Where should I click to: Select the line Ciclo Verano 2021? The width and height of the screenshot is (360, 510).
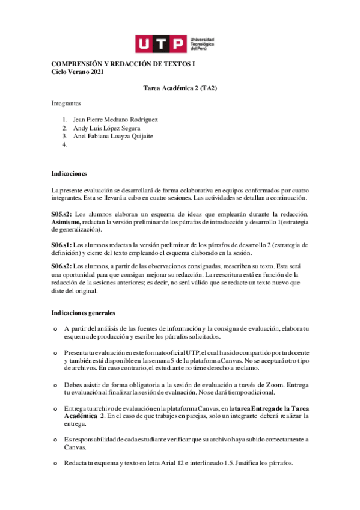(77, 72)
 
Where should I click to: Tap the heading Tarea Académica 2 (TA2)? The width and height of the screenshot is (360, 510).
(180, 88)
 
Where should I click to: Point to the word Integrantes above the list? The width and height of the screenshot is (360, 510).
(66, 103)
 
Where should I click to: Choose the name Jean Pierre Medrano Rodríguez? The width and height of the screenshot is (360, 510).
(115, 119)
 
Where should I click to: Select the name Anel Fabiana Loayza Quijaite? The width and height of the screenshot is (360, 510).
(113, 136)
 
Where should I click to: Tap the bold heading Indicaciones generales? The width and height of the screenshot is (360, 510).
(83, 313)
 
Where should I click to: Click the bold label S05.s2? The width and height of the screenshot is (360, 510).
(61, 214)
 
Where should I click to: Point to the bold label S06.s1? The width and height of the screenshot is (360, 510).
(61, 245)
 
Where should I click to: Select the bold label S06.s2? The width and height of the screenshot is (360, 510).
(61, 266)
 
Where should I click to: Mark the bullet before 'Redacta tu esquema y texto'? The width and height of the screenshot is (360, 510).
(55, 463)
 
